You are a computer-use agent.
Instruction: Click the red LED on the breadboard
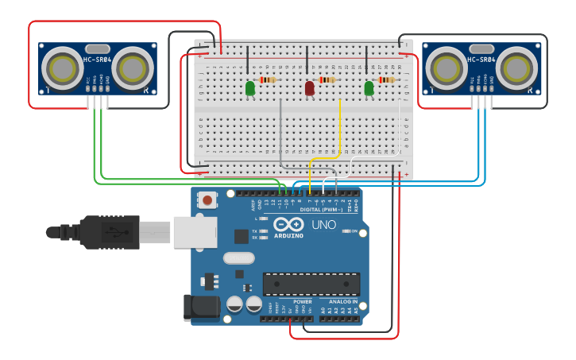(309, 87)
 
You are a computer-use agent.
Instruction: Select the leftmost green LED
(250, 87)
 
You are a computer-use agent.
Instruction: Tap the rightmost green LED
(369, 87)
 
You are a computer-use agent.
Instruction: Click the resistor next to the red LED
(327, 79)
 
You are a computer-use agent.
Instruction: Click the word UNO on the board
(323, 225)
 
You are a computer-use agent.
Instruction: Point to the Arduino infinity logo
(288, 225)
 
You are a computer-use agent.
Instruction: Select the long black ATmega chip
(311, 284)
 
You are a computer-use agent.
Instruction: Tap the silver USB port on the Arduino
(195, 232)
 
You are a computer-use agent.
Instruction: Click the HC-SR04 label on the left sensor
(97, 60)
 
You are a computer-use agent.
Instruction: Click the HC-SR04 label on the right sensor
(481, 60)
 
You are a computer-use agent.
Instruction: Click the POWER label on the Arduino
(303, 302)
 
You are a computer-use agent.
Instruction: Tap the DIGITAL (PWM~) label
(321, 209)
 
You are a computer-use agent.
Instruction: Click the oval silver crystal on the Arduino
(238, 257)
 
